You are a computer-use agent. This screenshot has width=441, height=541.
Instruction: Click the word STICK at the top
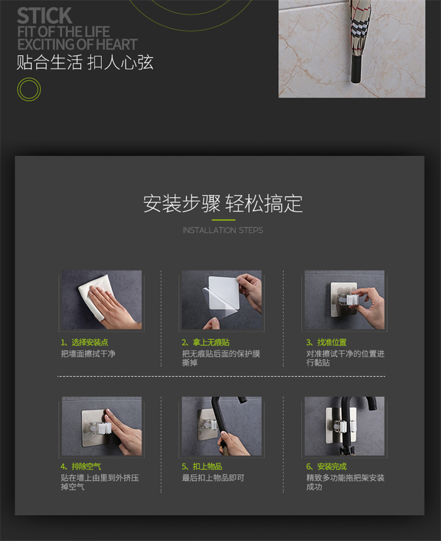click(45, 15)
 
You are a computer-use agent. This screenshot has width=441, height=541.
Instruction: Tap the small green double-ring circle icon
click(29, 89)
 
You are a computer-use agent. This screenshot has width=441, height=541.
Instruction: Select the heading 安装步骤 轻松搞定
click(223, 204)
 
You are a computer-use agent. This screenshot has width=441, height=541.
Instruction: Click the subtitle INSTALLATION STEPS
click(223, 230)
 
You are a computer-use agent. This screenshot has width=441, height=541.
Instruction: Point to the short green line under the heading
click(223, 220)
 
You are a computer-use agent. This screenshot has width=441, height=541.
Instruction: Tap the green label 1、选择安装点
click(84, 342)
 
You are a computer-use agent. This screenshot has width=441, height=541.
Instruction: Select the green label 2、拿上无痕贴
click(206, 342)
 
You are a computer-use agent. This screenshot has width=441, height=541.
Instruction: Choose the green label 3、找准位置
click(326, 342)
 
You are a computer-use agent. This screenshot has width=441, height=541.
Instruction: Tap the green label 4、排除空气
click(81, 466)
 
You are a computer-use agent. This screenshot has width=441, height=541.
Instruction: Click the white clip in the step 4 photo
click(102, 428)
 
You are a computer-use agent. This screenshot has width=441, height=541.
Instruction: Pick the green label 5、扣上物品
click(202, 466)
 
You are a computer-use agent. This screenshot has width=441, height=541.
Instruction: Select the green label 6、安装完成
click(326, 466)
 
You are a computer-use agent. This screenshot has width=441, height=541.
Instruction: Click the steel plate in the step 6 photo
click(341, 425)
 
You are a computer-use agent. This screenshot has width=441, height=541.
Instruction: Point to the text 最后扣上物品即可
click(213, 478)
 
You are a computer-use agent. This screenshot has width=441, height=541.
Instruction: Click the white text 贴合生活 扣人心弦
click(85, 62)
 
